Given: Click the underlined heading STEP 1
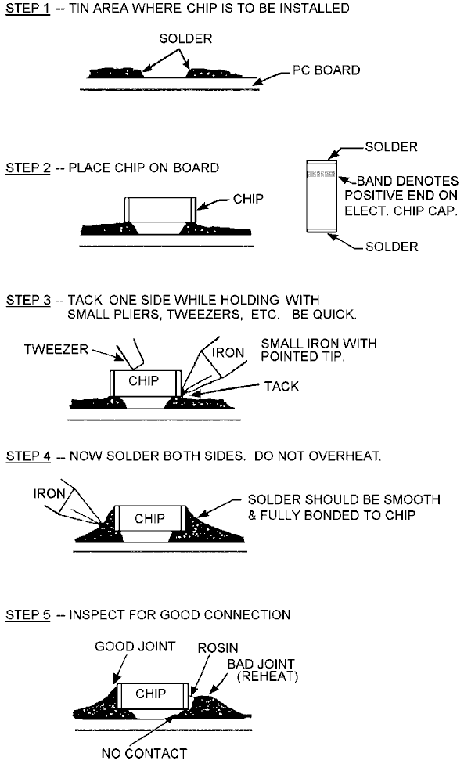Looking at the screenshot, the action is [27, 9].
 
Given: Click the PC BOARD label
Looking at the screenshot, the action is [326, 70].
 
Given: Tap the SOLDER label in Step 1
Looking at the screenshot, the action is [186, 38].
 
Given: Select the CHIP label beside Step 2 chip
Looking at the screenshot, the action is [248, 199].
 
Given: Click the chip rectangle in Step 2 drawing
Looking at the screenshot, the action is [160, 210].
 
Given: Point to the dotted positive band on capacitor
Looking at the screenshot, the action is [321, 174].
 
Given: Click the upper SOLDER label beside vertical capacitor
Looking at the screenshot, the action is [391, 146].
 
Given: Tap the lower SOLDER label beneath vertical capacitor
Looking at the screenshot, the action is [392, 247].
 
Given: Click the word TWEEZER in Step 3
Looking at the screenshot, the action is [56, 349].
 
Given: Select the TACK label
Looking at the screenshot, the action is [282, 387].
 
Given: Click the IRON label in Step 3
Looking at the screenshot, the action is [228, 352].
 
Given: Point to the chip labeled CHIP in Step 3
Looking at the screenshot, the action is [146, 383].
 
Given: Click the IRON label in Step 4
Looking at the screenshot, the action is [49, 494].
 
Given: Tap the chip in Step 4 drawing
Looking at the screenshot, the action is [151, 518].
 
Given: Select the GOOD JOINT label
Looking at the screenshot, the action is [135, 647].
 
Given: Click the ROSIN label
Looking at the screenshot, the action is [218, 648].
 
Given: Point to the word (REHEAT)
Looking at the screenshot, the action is [268, 676].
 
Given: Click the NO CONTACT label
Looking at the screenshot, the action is [144, 753].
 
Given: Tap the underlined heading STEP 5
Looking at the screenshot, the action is [28, 615].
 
